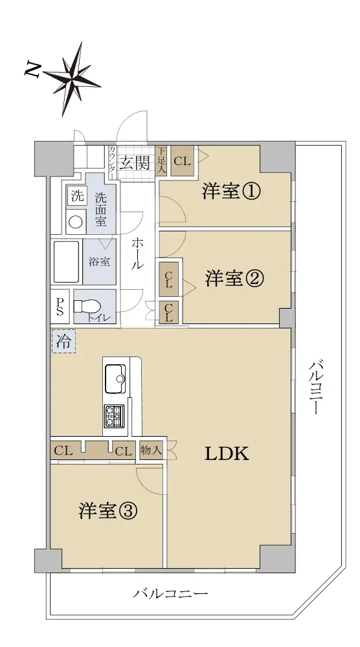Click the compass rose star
point(73,78)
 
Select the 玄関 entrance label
point(134,164)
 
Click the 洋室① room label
point(231,192)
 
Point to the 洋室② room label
point(234,279)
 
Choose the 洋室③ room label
point(107,511)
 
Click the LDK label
point(227,454)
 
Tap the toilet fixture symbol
point(87,307)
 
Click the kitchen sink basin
point(115,378)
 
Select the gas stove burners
point(113,416)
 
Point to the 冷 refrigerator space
point(63,341)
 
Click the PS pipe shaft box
point(60,306)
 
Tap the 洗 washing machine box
point(77,195)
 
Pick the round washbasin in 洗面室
point(75,223)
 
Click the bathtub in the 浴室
point(67,262)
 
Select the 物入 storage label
point(151,450)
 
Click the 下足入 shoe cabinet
point(161,162)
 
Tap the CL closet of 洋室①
point(182,161)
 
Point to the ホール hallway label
point(137,254)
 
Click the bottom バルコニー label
point(170,594)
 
